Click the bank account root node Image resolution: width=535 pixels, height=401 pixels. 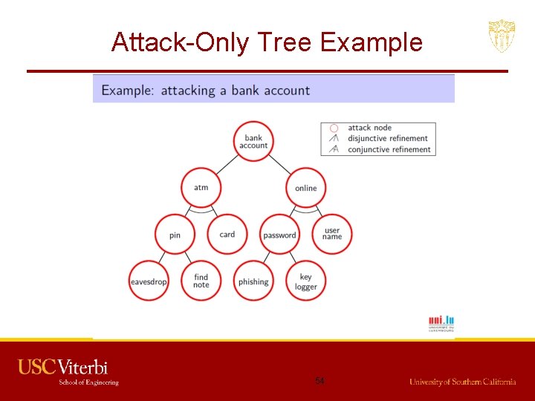[253, 142]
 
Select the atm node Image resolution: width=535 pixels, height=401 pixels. [201, 187]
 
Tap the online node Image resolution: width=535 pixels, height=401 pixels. [305, 188]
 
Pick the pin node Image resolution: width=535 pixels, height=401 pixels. [175, 235]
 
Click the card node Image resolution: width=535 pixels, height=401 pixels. [227, 235]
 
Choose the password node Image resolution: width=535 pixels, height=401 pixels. [279, 235]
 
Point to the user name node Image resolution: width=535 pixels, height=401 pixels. [332, 234]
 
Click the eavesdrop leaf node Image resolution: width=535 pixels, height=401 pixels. [149, 281]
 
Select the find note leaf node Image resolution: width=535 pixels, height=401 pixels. [201, 281]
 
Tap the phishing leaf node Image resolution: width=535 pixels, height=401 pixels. [253, 281]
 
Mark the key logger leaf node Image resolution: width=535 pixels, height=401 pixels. [306, 282]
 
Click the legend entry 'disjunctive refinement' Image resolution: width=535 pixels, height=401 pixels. [388, 138]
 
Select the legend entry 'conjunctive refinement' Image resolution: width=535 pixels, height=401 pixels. [389, 149]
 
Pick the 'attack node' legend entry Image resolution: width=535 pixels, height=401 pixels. [369, 128]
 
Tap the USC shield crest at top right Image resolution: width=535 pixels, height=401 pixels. [502, 36]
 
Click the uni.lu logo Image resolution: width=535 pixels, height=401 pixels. [441, 323]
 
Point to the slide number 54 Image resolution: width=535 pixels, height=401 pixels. [320, 381]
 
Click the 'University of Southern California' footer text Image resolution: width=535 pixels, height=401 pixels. [462, 382]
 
